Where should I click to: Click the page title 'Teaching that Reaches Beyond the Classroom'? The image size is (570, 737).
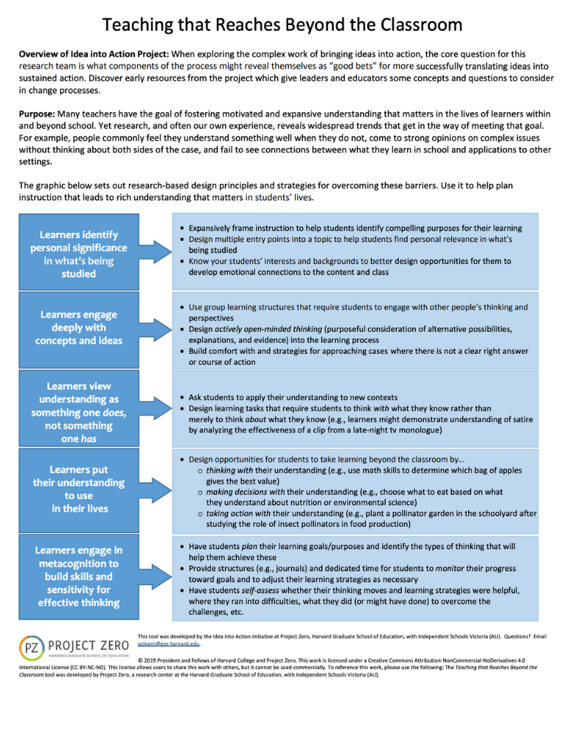pos(282,25)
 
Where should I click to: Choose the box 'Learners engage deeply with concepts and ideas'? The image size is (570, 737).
pos(79,328)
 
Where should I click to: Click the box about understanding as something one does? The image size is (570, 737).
pos(79,412)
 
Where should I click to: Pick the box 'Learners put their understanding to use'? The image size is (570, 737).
pos(79,489)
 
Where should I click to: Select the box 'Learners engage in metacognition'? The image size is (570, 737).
pos(79,576)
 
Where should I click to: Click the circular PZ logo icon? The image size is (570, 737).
pos(32,649)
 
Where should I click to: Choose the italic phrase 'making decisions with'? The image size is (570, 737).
pos(244,492)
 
